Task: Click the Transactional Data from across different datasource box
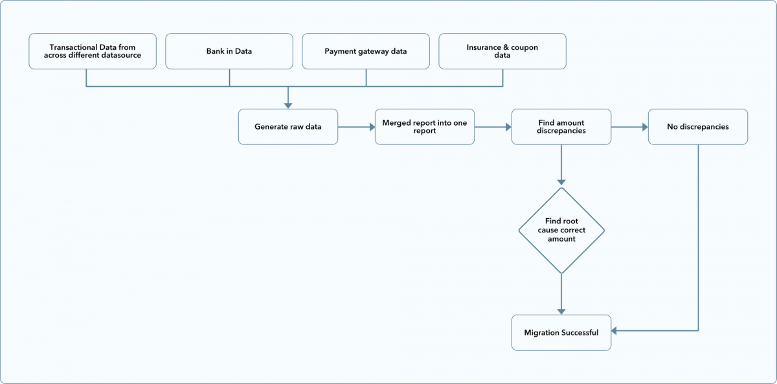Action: coord(93,51)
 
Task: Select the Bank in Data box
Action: coord(229,51)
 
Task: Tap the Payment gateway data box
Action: coord(366,51)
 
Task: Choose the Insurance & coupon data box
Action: coord(502,51)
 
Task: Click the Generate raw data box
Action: coord(287,126)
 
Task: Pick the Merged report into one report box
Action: coord(424,126)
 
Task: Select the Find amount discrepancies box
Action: coord(561,126)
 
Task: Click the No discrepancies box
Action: coord(697,126)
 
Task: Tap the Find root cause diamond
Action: coord(561,231)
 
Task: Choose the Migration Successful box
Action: coord(561,332)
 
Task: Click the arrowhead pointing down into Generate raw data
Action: coord(287,104)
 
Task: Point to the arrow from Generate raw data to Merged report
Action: coord(356,127)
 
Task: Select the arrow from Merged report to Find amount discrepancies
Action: coord(493,127)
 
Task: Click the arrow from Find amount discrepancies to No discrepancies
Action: coord(629,127)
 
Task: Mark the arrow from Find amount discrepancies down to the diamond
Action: coord(561,165)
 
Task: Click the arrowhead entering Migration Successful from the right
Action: coord(615,332)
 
